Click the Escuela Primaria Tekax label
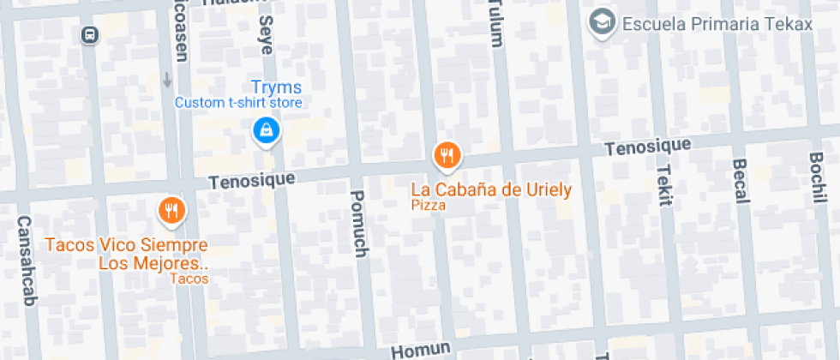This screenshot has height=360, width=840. tap(717, 24)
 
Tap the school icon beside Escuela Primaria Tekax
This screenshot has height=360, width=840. tap(603, 22)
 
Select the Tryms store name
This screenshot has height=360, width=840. tap(276, 87)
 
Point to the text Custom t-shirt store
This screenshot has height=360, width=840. tap(238, 103)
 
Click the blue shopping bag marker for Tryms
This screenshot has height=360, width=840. tap(266, 131)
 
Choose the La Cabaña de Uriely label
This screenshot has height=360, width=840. tap(491, 189)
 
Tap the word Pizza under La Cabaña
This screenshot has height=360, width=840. tap(429, 206)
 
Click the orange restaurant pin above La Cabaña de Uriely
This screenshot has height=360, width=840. tap(447, 155)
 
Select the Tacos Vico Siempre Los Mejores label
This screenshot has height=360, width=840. tap(127, 255)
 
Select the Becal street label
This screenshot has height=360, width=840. tap(740, 181)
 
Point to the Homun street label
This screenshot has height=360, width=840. tap(421, 349)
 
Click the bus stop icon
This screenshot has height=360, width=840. tap(89, 34)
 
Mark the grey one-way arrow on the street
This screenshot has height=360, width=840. tap(167, 80)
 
